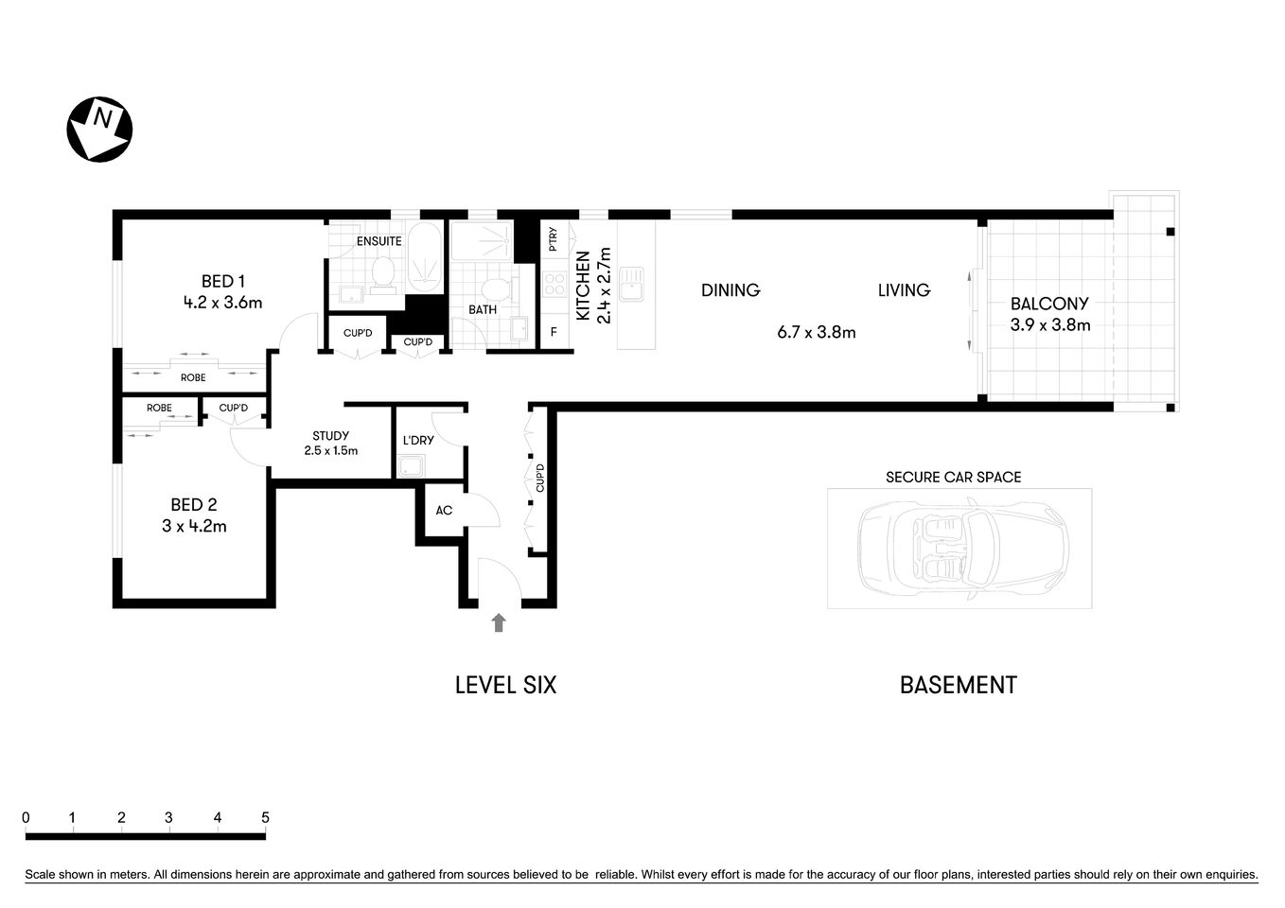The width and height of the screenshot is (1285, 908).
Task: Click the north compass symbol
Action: click(98, 129)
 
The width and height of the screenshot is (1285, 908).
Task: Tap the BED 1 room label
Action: click(223, 281)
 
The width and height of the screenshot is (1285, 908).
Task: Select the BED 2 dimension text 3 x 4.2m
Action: click(194, 527)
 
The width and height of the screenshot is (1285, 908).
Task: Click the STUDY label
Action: click(330, 436)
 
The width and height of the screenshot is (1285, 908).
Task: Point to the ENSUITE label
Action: click(378, 241)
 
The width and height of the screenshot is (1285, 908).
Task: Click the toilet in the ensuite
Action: click(383, 273)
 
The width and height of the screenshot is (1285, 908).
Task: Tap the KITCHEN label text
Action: click(583, 286)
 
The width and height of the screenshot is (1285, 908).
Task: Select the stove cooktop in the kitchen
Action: click(554, 285)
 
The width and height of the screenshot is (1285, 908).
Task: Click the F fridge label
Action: click(554, 333)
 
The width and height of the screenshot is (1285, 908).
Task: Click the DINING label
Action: click(731, 290)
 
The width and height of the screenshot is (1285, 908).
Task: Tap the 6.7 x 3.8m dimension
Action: click(816, 332)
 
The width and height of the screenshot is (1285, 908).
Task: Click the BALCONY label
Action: click(1049, 304)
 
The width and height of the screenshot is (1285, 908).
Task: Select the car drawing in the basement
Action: click(960, 548)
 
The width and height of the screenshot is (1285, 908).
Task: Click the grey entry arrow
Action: click(499, 621)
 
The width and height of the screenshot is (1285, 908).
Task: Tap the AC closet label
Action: click(444, 511)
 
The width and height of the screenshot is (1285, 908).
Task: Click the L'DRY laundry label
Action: click(418, 441)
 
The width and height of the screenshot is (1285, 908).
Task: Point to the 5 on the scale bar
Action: click(265, 818)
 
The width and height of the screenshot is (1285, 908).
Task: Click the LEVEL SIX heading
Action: click(505, 685)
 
